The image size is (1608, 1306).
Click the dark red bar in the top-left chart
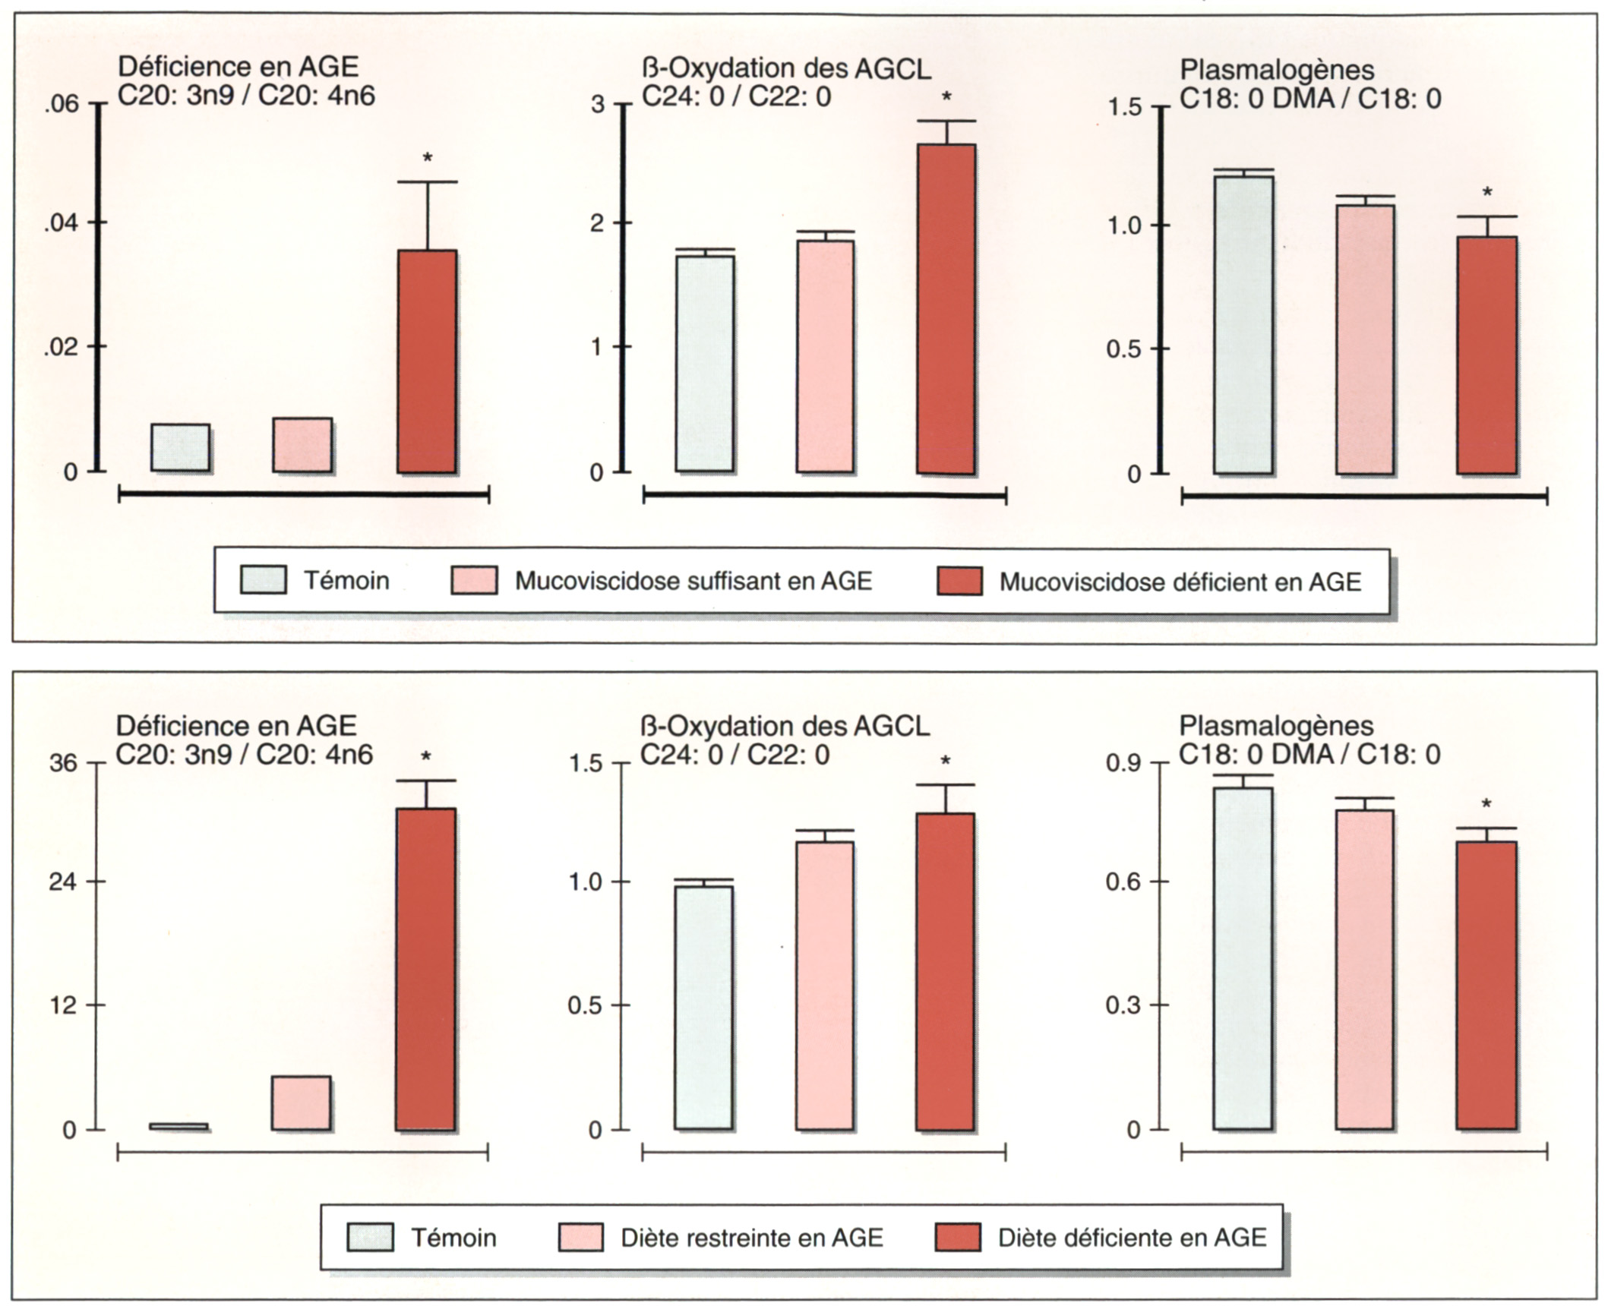427,361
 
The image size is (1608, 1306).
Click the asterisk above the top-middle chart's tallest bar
946,97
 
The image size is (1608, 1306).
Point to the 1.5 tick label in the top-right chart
1124,107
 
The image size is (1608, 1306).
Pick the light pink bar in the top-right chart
1365,339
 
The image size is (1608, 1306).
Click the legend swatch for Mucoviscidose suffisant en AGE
474,580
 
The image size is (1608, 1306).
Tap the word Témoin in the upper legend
346,581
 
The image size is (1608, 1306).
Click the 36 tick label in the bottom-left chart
63,763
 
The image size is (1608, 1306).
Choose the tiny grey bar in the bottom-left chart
178,1126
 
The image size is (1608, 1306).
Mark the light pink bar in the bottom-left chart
301,1103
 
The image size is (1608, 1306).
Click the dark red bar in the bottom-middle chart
945,971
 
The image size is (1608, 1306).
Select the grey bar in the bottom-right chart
1242,958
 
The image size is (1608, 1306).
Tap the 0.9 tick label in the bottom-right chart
1124,763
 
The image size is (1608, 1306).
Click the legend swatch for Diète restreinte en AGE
580,1237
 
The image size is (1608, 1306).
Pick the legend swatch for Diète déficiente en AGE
957,1237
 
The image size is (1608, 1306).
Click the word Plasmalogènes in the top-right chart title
1276,70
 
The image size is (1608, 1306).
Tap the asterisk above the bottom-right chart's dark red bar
1486,805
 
